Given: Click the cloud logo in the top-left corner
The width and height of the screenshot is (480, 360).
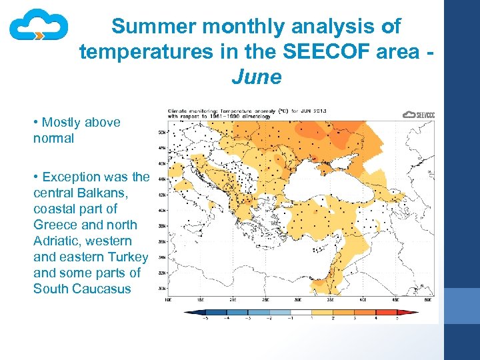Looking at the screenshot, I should (x=39, y=27).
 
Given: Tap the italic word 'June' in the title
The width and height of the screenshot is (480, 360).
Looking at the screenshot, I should (x=257, y=77).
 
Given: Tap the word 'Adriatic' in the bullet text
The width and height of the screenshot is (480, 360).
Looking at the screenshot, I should (x=58, y=241).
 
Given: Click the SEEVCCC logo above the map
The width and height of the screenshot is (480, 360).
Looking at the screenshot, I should (x=419, y=115).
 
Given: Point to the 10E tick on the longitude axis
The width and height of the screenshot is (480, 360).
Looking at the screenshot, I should (x=169, y=301).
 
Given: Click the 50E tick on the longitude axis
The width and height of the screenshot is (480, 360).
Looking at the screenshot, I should (x=428, y=301).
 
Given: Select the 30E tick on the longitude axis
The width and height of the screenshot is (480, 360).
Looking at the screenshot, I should (x=298, y=301).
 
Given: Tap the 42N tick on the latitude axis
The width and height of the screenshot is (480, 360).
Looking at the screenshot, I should (x=161, y=195).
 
